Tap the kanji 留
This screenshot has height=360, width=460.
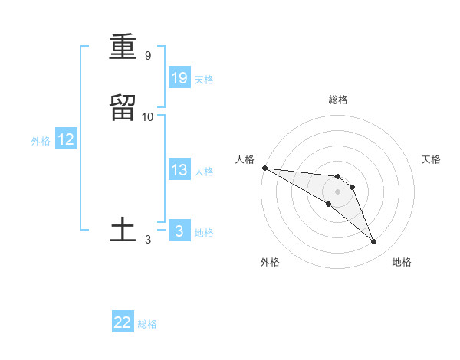[123, 107]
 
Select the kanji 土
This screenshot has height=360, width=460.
[123, 230]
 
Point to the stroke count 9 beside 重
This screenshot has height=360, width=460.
[147, 56]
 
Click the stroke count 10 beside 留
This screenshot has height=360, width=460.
[148, 116]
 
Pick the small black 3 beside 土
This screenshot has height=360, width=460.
[147, 240]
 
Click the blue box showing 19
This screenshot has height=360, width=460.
[179, 78]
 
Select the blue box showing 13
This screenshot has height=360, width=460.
[179, 170]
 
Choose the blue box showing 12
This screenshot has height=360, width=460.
[66, 139]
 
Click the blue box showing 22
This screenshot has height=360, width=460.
[123, 322]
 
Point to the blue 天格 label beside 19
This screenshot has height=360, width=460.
[204, 80]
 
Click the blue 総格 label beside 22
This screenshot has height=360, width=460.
[147, 324]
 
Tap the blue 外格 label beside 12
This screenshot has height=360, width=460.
[41, 141]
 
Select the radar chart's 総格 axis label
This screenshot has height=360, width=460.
[337, 100]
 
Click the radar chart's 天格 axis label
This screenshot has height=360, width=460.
[432, 159]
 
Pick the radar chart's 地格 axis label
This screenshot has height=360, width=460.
[402, 262]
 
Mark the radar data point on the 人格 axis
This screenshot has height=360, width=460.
[264, 168]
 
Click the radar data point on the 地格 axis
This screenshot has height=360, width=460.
[374, 242]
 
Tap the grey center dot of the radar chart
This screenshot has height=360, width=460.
[337, 191]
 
